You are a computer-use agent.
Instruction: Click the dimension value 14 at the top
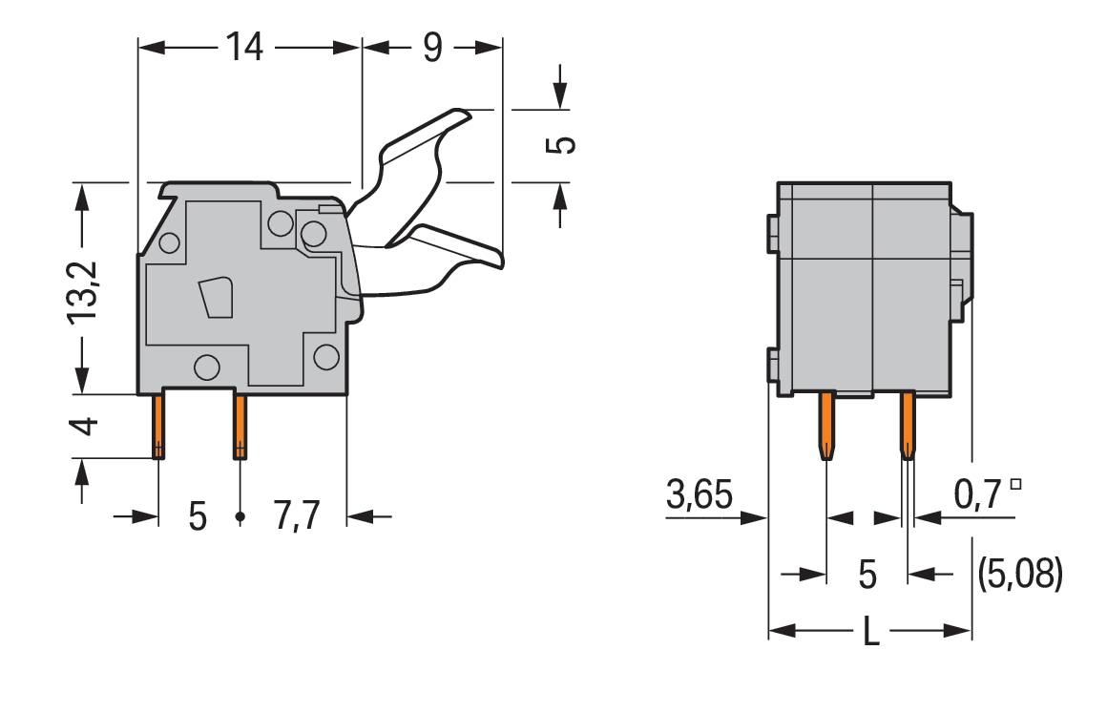tap(244, 46)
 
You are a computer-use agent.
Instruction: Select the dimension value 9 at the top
tap(432, 46)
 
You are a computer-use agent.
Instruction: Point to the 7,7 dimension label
tap(296, 516)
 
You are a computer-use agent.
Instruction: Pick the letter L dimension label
tap(870, 632)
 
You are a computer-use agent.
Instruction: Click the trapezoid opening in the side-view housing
tap(216, 297)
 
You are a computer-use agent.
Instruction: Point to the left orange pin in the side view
tap(158, 426)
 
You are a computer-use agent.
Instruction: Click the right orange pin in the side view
tap(240, 426)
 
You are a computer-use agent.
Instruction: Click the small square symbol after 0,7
tap(1014, 484)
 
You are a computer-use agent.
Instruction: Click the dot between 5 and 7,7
tap(240, 517)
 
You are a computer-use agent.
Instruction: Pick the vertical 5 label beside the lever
tap(564, 144)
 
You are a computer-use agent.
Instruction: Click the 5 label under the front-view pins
tap(867, 575)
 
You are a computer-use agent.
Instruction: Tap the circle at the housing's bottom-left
tap(205, 367)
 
